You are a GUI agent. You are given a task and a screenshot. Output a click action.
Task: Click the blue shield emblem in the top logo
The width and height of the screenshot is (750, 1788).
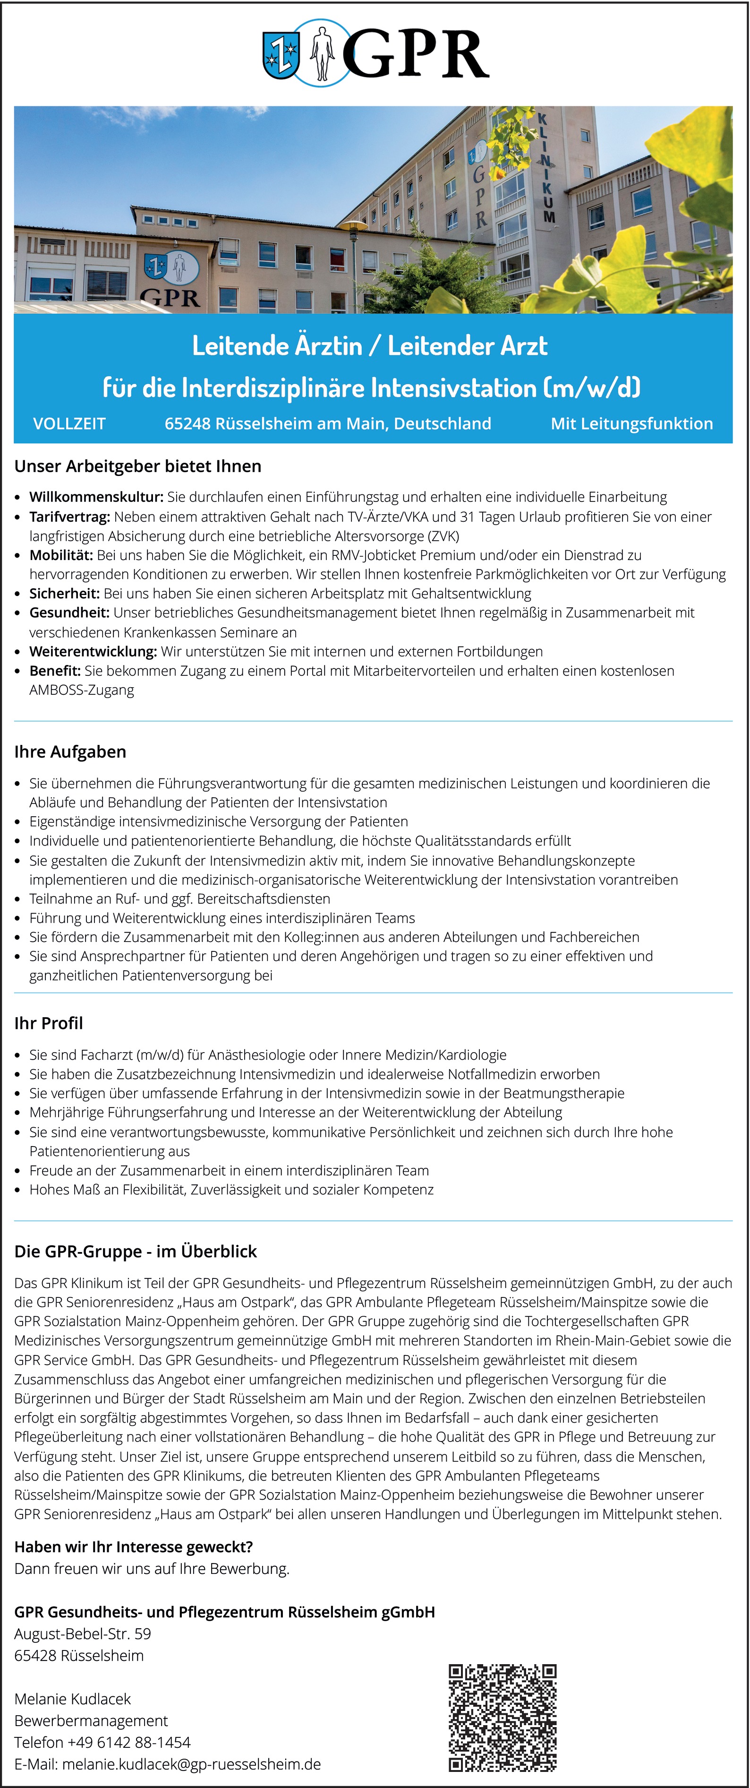coord(281,55)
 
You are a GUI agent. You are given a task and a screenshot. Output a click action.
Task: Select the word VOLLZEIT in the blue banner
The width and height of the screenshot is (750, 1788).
coord(69,423)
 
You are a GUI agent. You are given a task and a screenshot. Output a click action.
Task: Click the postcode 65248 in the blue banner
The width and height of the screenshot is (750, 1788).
coord(188,423)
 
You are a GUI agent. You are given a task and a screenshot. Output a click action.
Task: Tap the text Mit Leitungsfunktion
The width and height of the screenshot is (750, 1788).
coord(631,423)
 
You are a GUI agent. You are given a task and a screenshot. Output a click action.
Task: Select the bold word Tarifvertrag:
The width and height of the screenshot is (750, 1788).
coord(69,517)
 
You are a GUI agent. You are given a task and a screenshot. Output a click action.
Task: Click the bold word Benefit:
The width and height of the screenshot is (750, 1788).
coord(55,671)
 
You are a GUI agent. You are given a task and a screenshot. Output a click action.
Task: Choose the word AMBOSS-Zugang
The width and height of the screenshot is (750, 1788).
coord(81,690)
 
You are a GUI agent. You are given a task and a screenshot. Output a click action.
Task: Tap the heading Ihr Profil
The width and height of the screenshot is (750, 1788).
coord(49,1023)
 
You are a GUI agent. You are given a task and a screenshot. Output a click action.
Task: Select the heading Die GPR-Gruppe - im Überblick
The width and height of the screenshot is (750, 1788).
coord(135,1252)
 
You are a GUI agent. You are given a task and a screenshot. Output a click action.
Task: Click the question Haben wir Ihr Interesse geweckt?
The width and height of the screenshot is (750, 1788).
coord(133,1546)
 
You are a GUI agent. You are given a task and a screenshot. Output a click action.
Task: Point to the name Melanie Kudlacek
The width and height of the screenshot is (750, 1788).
coord(73,1699)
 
